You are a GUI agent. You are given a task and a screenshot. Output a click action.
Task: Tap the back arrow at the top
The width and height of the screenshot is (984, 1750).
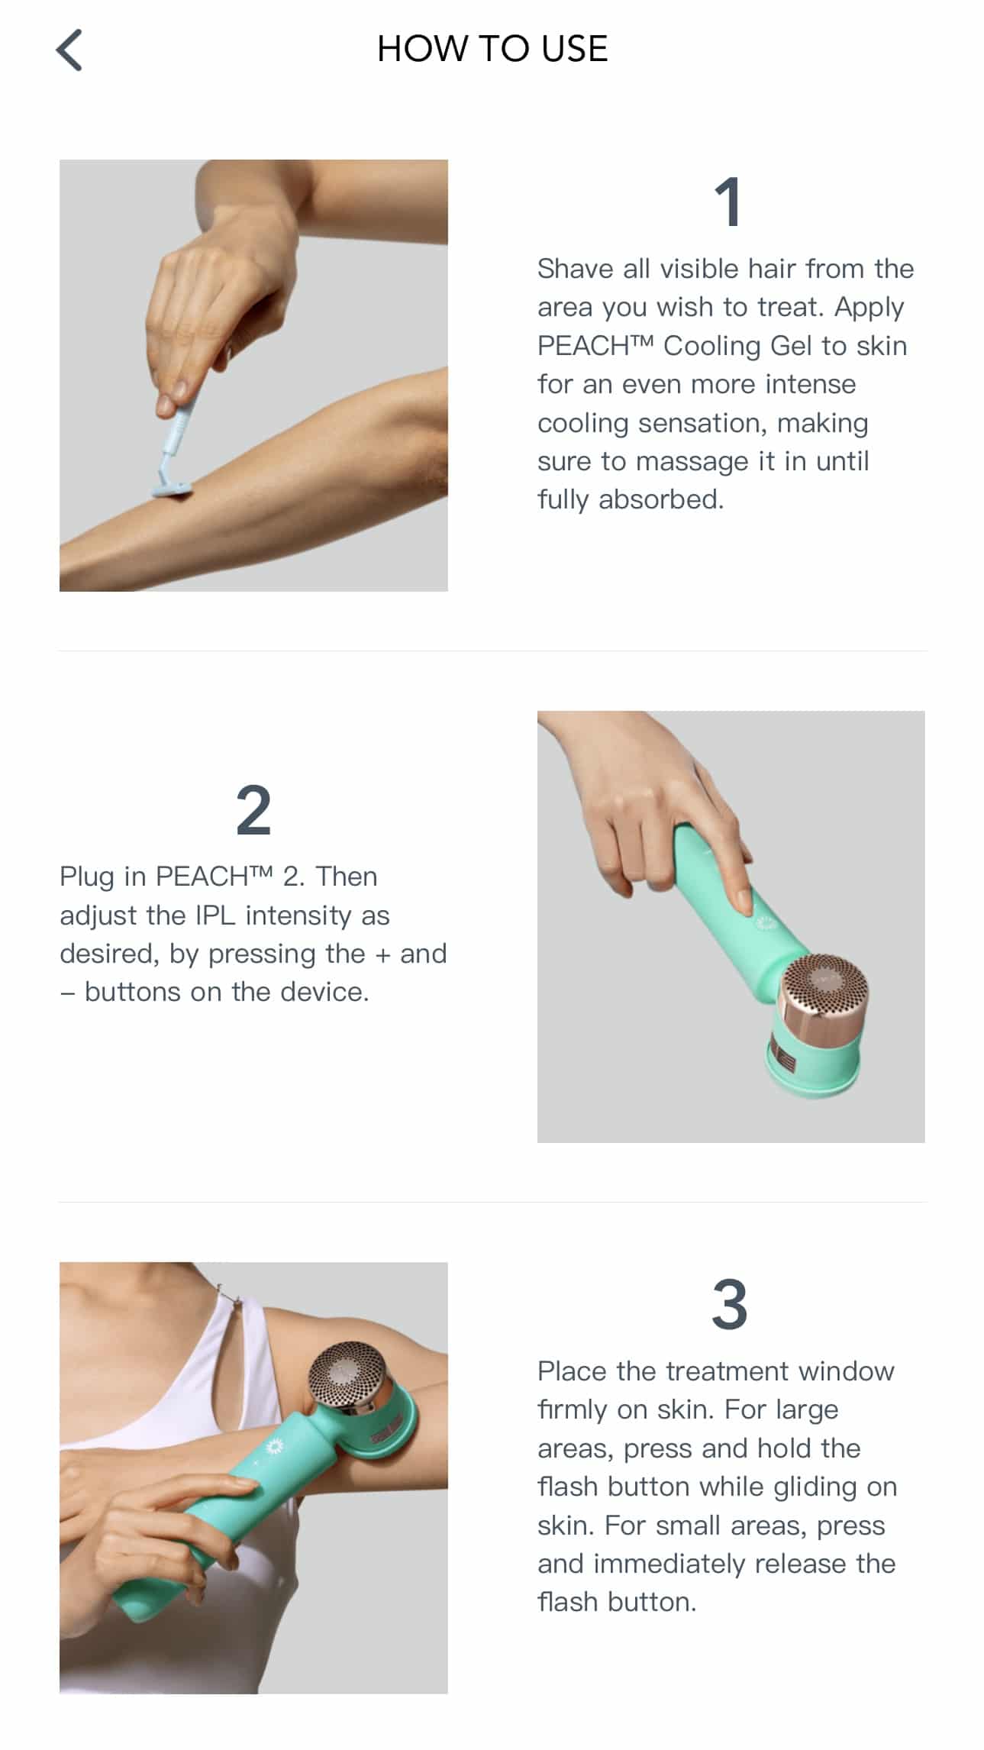69,50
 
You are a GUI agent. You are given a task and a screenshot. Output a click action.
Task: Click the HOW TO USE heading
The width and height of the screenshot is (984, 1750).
492,49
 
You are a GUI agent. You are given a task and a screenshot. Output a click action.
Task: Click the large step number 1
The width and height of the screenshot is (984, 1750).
728,202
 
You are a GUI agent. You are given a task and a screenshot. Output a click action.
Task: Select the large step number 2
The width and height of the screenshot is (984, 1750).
253,811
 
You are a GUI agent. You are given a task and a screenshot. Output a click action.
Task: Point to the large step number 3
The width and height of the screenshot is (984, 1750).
730,1305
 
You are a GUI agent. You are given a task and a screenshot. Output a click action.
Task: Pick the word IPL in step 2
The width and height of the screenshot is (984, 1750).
216,915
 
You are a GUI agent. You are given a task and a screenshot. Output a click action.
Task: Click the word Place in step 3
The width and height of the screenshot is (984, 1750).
573,1371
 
